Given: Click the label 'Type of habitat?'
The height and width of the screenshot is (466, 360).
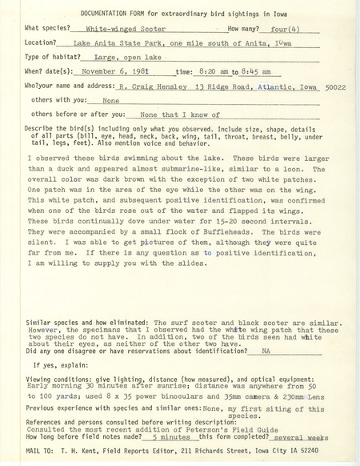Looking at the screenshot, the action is tap(47, 58).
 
